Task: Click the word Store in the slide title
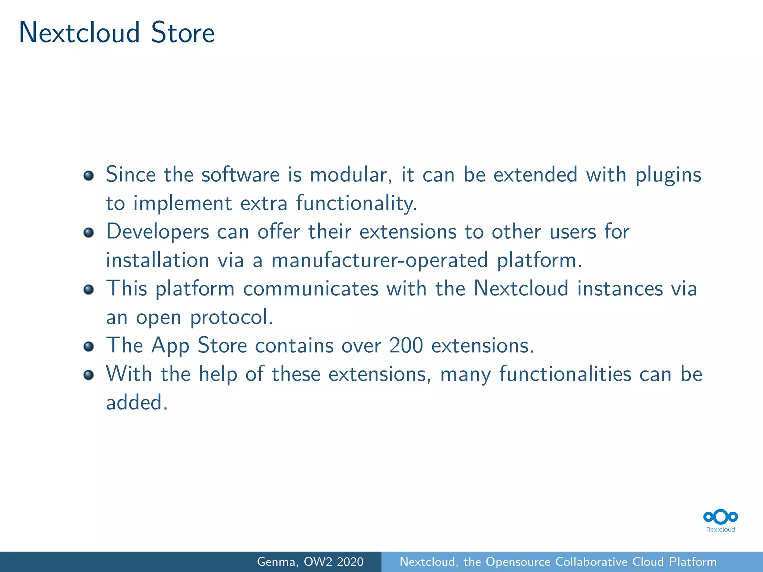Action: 183,33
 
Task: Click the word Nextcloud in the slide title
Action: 79,33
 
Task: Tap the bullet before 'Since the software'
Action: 89,175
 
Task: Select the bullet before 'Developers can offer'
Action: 89,233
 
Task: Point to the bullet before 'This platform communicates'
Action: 89,289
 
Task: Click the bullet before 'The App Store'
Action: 89,346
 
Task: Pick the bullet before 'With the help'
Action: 89,375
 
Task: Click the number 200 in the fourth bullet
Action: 406,346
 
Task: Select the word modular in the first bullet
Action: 351,175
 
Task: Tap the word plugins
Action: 668,175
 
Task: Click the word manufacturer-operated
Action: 379,260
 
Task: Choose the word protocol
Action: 231,318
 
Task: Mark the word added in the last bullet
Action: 136,403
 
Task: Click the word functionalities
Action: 565,374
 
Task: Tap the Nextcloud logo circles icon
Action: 721,517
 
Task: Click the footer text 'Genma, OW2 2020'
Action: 310,562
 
